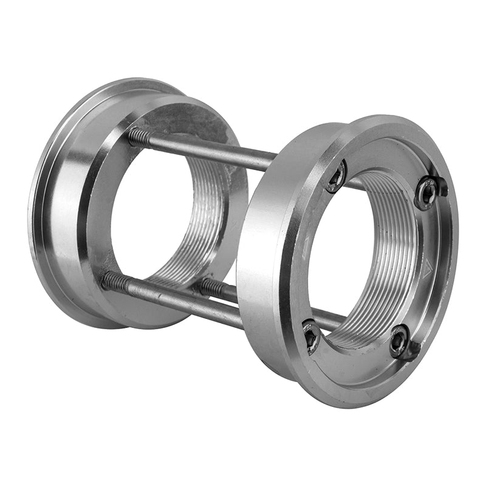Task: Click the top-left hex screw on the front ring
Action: (335, 177)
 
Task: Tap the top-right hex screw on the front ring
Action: (427, 194)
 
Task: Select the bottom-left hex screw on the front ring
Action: (311, 335)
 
